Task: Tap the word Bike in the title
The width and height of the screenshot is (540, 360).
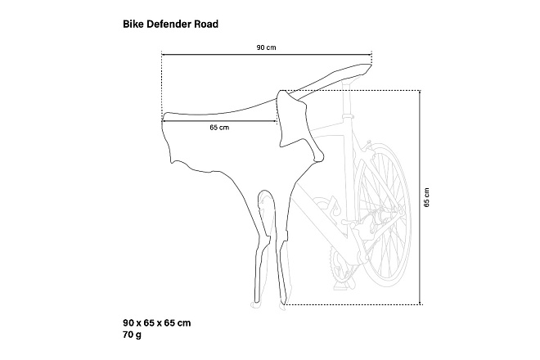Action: click(x=133, y=24)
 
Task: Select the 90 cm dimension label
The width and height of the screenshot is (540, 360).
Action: click(x=266, y=47)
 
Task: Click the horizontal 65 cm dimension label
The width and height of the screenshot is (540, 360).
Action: click(x=219, y=128)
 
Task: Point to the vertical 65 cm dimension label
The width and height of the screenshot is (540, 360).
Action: click(x=427, y=197)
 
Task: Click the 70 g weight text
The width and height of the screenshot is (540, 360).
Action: click(x=132, y=335)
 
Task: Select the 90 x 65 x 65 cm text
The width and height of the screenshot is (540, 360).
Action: click(x=157, y=323)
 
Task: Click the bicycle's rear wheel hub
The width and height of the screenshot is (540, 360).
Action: click(x=383, y=216)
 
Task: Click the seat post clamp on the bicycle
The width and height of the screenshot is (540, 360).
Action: click(x=349, y=117)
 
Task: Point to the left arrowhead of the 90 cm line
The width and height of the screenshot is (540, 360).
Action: click(x=164, y=54)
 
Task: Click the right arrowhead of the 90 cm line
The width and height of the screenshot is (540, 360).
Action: click(x=370, y=54)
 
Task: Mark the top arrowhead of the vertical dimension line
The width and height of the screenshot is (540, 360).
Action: click(x=420, y=92)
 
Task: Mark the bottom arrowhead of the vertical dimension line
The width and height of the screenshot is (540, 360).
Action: click(x=420, y=303)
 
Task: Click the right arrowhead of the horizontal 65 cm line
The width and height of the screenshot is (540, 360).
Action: click(x=275, y=121)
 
